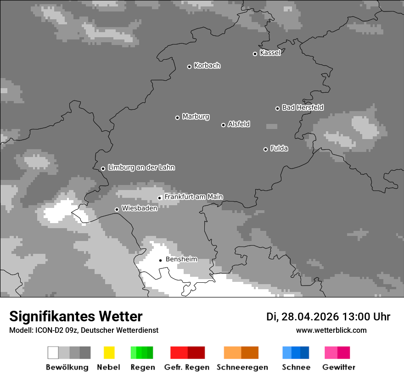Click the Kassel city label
click(x=270, y=53)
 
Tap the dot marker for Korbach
click(x=189, y=67)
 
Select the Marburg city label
click(x=196, y=117)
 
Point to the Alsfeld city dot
click(x=223, y=125)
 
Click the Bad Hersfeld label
click(x=303, y=107)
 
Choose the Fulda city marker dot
click(x=265, y=149)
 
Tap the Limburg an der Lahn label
click(x=141, y=168)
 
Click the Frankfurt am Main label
click(x=193, y=197)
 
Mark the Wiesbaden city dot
click(x=117, y=209)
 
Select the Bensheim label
click(x=181, y=259)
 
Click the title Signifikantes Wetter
click(x=76, y=316)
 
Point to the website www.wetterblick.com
click(x=331, y=330)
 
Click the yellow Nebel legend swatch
click(x=109, y=353)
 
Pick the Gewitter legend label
click(x=339, y=367)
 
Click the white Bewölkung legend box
click(x=53, y=353)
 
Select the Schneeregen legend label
click(x=242, y=367)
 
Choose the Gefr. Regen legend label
click(x=186, y=367)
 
